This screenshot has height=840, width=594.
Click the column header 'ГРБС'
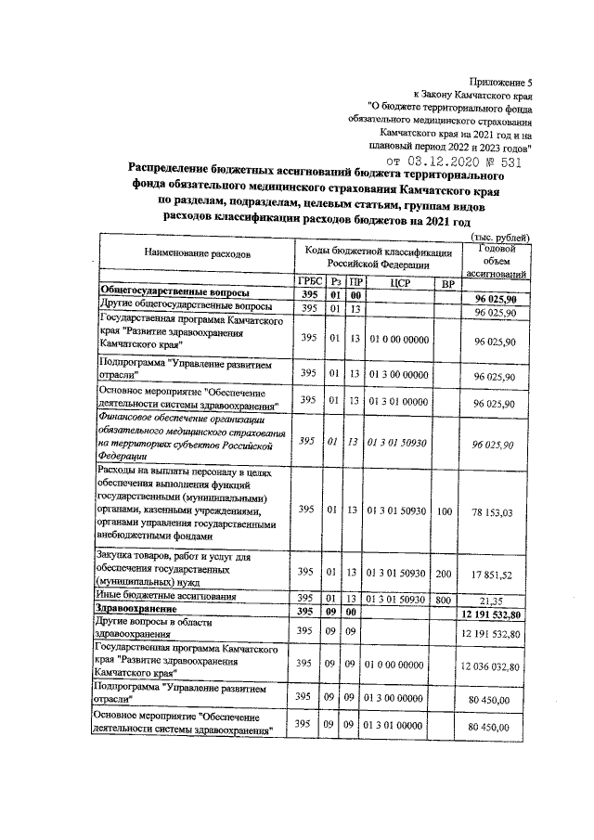[308, 283]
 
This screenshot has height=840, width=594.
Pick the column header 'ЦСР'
[400, 283]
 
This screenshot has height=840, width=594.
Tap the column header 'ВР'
[447, 283]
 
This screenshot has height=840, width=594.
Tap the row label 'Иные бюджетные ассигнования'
[167, 594]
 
